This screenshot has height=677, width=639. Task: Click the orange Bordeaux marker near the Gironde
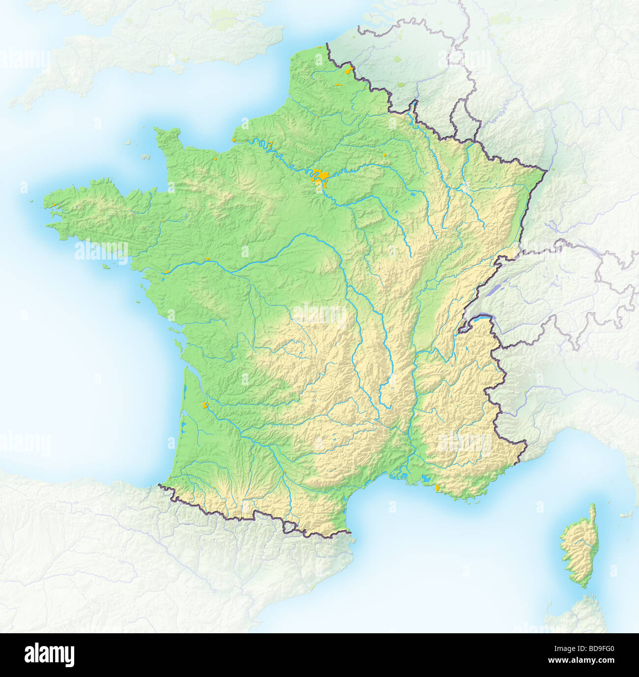click(205, 405)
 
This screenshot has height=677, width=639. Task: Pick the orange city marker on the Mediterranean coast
click(437, 488)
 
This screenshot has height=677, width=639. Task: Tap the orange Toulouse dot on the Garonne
click(284, 474)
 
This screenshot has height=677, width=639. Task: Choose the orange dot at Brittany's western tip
click(54, 205)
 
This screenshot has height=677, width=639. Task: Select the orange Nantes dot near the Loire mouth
click(168, 270)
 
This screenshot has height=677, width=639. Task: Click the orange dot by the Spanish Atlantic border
click(170, 477)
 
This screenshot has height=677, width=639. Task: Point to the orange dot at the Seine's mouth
click(215, 159)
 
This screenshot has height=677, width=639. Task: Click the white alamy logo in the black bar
click(49, 655)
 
